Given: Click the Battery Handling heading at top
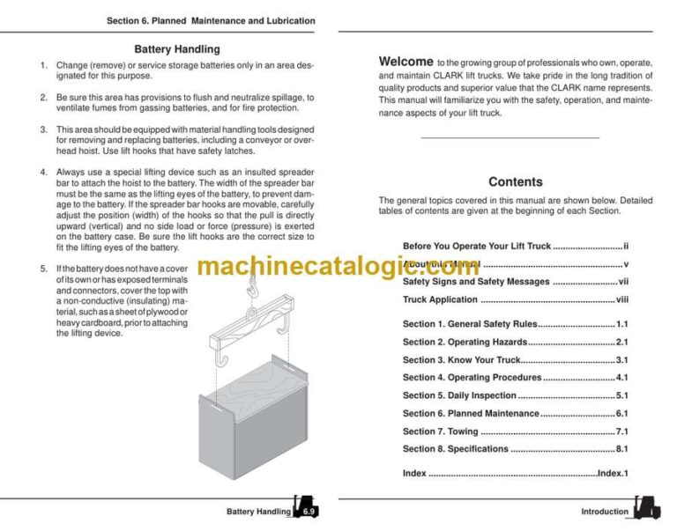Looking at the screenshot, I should [x=177, y=49].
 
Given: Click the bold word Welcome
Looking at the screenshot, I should [x=405, y=62].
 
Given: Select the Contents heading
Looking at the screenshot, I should [x=515, y=181].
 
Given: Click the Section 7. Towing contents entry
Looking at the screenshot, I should [x=441, y=431].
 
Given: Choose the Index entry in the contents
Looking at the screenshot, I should [x=415, y=474].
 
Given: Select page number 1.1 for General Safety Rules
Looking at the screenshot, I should [x=621, y=324].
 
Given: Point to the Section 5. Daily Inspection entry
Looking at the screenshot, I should [x=459, y=395].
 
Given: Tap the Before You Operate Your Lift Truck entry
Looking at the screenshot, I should [x=477, y=247].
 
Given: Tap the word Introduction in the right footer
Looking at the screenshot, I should [x=605, y=512].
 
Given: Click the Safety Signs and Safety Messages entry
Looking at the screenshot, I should [x=476, y=282].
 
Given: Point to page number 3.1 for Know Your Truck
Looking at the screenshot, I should [x=621, y=360].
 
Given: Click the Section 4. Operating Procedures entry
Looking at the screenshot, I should [x=472, y=378].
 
